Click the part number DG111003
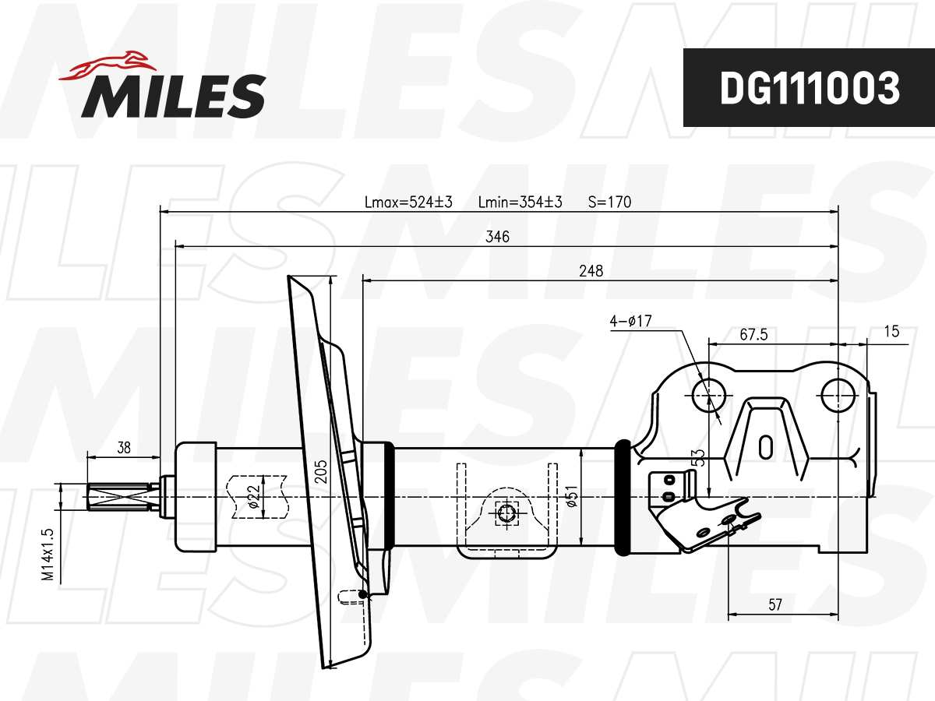[810, 88]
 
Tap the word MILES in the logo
[174, 96]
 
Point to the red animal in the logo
[108, 66]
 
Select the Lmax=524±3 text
[408, 202]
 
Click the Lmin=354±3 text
[520, 202]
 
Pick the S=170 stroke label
[609, 202]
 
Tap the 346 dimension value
[497, 236]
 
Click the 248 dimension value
[591, 271]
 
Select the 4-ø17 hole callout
[630, 320]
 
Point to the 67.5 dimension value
[753, 335]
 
